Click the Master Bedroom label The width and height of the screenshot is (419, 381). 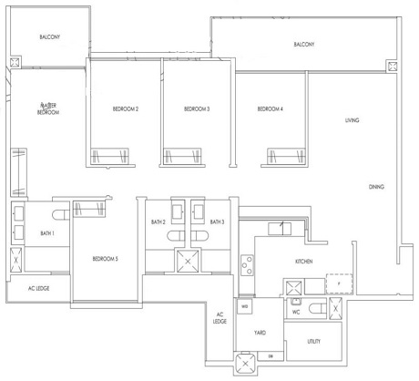48,108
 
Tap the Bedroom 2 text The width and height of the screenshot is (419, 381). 125,109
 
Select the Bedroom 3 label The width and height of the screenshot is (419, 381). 197,109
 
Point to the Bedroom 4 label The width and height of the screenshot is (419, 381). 271,109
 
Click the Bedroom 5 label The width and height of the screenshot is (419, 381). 105,259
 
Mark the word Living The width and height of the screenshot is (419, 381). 352,120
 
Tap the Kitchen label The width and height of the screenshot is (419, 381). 304,261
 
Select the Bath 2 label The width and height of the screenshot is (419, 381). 158,222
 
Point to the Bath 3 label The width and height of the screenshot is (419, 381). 217,222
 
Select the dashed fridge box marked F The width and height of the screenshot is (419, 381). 338,283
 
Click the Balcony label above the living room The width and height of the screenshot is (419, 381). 303,45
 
